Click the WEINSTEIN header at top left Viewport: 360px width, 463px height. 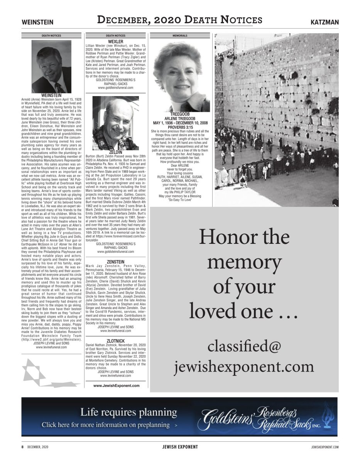pos(37,22)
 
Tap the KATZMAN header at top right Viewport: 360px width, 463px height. pos(325,22)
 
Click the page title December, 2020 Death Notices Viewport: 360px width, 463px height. pos(180,20)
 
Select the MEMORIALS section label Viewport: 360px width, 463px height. pos(180,35)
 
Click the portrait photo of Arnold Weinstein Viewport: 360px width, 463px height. pos(51,66)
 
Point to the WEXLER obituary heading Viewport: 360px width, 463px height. pos(115,41)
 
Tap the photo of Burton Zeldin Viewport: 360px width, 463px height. pos(116,124)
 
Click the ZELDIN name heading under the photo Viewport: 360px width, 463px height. pos(115,152)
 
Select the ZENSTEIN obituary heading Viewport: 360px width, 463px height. pos(115,262)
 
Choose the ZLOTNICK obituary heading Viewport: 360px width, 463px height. pos(115,341)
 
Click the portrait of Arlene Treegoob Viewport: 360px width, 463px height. pos(180,82)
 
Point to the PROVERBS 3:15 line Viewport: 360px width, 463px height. pos(180,127)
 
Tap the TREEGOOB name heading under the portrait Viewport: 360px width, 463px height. pos(180,114)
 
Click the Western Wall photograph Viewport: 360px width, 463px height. pos(276,120)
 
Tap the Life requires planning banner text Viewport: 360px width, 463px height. pos(128,412)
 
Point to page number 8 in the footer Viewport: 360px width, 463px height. pos(22,447)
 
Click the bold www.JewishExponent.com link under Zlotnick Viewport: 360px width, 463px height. pos(116,385)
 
